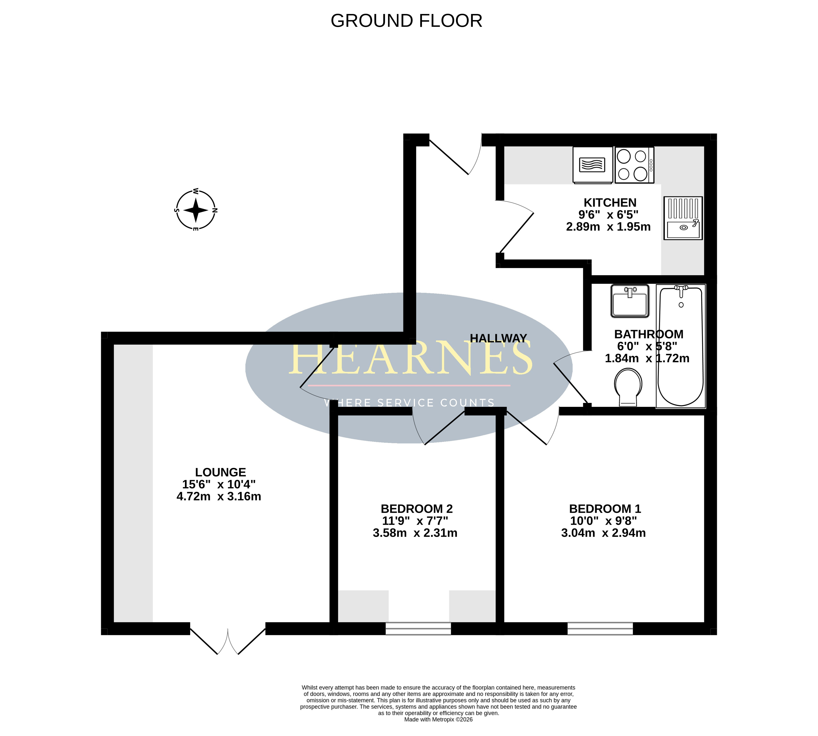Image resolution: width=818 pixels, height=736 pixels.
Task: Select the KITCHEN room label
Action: [x=610, y=203]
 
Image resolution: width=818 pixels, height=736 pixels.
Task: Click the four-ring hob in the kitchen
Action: [x=634, y=165]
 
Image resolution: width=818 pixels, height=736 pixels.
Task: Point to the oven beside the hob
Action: [x=592, y=165]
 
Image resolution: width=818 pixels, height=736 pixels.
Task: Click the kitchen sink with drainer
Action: [x=683, y=218]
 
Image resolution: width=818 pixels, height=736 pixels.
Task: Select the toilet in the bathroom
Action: [x=628, y=387]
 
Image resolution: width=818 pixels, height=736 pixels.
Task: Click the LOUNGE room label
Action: [x=220, y=472]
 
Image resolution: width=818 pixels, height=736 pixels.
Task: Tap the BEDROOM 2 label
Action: [x=417, y=509]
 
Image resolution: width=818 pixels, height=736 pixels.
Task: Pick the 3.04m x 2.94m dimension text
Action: [x=603, y=533]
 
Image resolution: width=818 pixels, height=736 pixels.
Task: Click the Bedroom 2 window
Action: [x=418, y=629]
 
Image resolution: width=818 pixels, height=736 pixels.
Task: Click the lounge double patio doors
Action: [x=228, y=641]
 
